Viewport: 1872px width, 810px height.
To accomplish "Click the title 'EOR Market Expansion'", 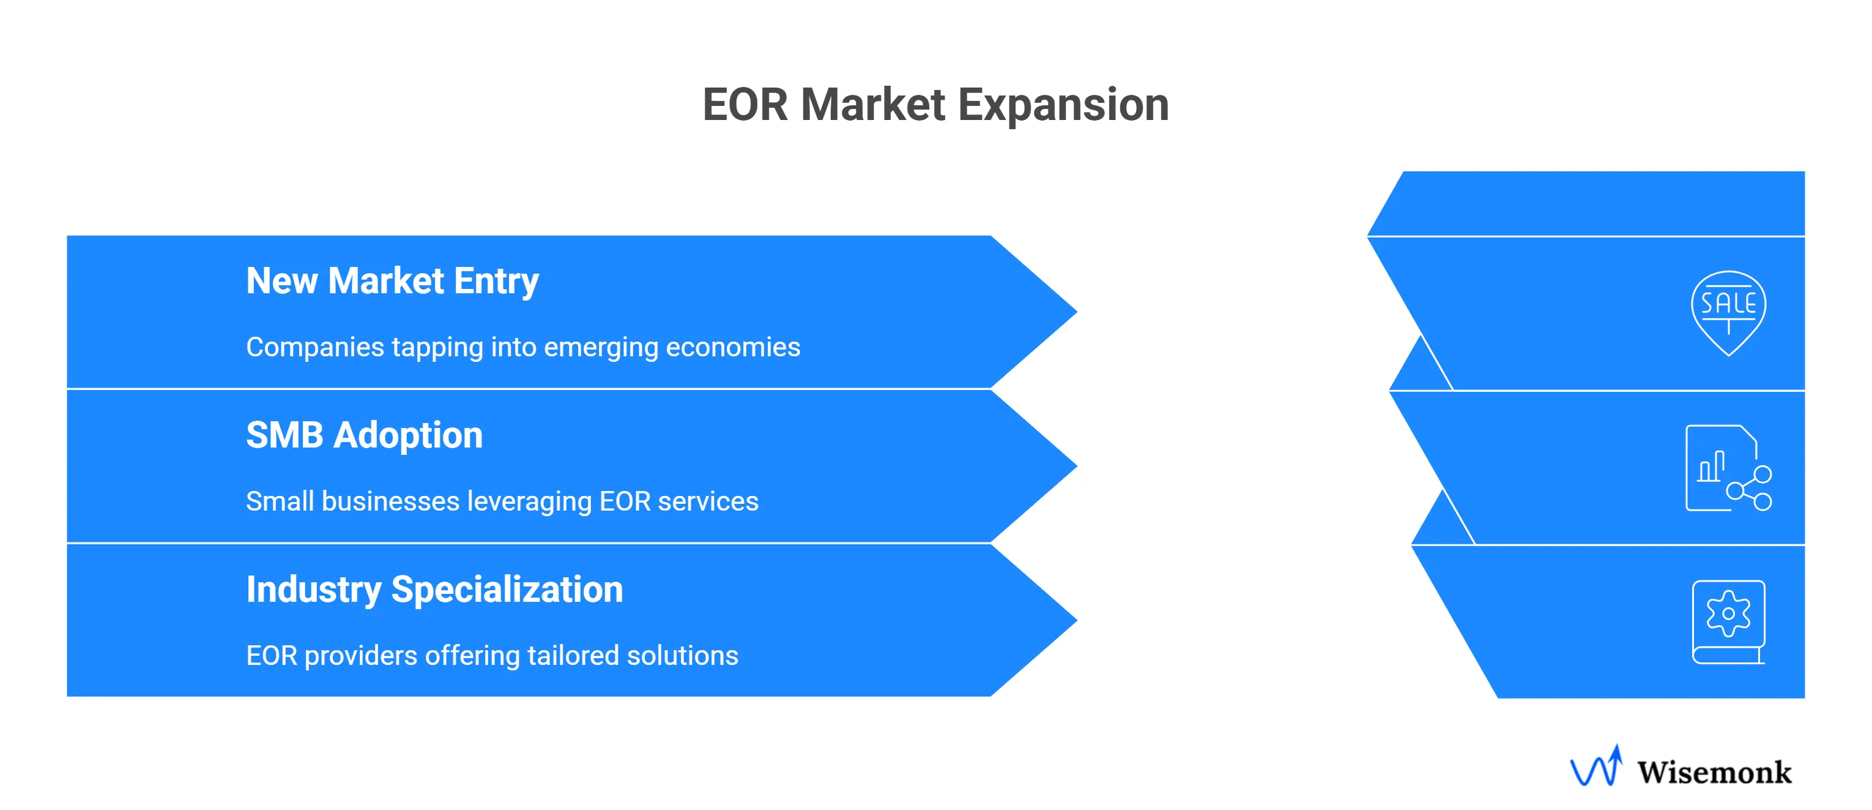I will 935,105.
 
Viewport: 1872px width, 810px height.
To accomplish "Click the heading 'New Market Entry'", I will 392,282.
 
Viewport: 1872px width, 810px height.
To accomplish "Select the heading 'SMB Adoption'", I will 364,435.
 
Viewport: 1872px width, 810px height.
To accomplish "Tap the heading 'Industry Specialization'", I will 434,590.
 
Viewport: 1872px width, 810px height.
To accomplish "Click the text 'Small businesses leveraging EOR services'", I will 502,501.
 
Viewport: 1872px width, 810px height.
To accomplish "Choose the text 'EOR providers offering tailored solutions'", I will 492,656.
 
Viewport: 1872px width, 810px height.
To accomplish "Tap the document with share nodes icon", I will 1728,469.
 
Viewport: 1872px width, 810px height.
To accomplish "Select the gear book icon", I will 1728,621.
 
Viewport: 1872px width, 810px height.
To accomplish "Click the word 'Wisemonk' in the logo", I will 1714,772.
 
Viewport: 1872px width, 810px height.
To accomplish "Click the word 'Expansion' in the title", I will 1063,105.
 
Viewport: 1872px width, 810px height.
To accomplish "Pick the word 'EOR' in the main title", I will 745,105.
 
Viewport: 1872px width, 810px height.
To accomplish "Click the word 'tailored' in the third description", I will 573,656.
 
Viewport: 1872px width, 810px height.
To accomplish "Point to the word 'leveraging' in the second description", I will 529,501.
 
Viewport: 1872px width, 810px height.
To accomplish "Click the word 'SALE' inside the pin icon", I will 1728,303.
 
